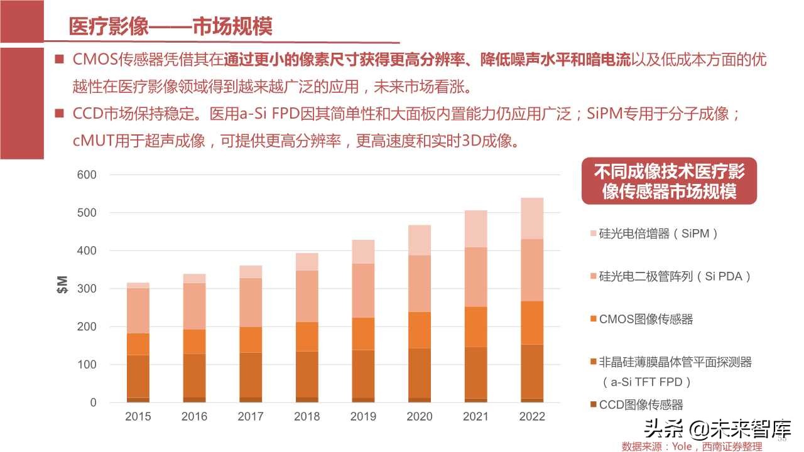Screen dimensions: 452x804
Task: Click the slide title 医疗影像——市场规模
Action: (170, 27)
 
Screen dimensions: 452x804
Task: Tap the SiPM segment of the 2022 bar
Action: (533, 218)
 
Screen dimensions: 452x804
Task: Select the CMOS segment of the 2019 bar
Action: (363, 333)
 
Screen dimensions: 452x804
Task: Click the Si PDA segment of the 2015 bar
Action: (138, 311)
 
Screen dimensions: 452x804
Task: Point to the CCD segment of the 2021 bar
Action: (476, 400)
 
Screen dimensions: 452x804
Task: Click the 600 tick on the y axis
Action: (87, 175)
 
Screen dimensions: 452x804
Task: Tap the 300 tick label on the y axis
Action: (87, 289)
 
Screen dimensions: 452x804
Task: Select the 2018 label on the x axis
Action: (307, 417)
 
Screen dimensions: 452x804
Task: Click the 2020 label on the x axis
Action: (420, 417)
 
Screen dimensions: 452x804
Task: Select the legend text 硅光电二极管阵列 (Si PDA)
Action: (675, 276)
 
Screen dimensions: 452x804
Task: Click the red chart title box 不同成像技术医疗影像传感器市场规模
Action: (669, 181)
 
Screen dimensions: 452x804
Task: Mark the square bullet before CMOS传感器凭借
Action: (60, 60)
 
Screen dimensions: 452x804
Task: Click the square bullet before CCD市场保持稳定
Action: (60, 114)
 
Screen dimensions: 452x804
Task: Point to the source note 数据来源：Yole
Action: (692, 446)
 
